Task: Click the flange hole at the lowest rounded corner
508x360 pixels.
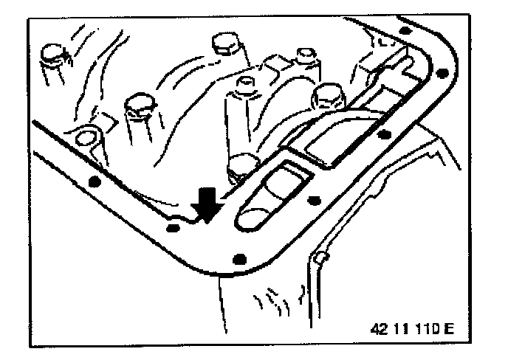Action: [237, 258]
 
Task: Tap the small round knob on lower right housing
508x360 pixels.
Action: [318, 257]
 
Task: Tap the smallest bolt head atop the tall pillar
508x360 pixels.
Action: [305, 55]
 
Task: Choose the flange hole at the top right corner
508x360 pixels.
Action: [403, 30]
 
